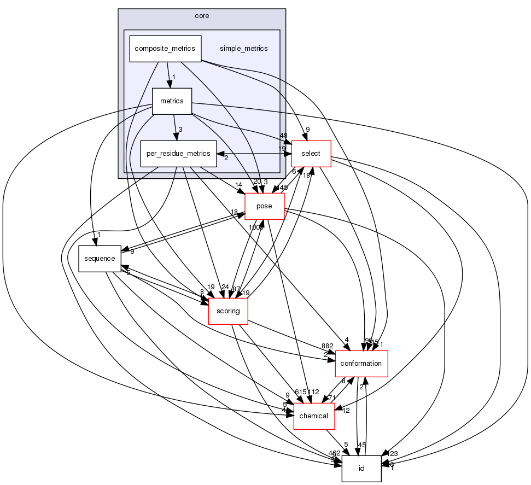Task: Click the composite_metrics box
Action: point(165,49)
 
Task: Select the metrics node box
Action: point(172,101)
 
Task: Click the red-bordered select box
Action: point(311,154)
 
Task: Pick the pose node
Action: point(265,206)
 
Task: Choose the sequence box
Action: point(99,259)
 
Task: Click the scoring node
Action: point(228,311)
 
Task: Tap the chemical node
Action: point(314,416)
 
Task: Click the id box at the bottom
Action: point(361,469)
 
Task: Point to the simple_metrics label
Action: point(243,49)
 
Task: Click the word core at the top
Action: point(202,15)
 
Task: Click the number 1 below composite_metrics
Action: point(173,77)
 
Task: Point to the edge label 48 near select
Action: point(283,135)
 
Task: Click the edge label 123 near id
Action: point(393,453)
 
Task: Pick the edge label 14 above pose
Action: point(238,185)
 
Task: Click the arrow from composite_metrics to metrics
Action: point(169,74)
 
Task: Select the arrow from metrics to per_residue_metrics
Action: point(174,127)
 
